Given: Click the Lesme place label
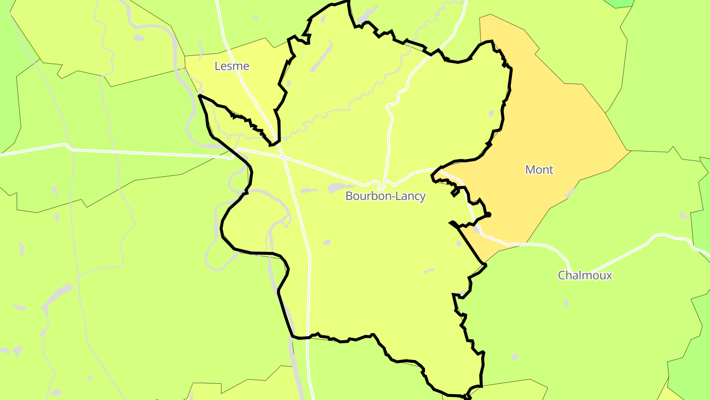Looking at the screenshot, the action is tap(232, 66).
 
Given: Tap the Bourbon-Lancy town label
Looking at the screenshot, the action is tap(385, 196).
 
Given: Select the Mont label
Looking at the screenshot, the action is tap(539, 170).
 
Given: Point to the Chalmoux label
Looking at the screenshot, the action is tap(585, 276).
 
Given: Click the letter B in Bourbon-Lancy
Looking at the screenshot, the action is tap(349, 196).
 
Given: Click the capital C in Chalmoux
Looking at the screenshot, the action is tap(562, 276).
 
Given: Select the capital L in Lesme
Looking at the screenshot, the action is tap(217, 66).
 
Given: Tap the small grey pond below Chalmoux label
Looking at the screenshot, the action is tap(566, 302).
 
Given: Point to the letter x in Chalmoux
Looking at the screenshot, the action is tap(609, 276).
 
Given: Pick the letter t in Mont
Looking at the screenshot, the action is tap(551, 170).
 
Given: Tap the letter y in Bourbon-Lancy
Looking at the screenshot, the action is tap(422, 197).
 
